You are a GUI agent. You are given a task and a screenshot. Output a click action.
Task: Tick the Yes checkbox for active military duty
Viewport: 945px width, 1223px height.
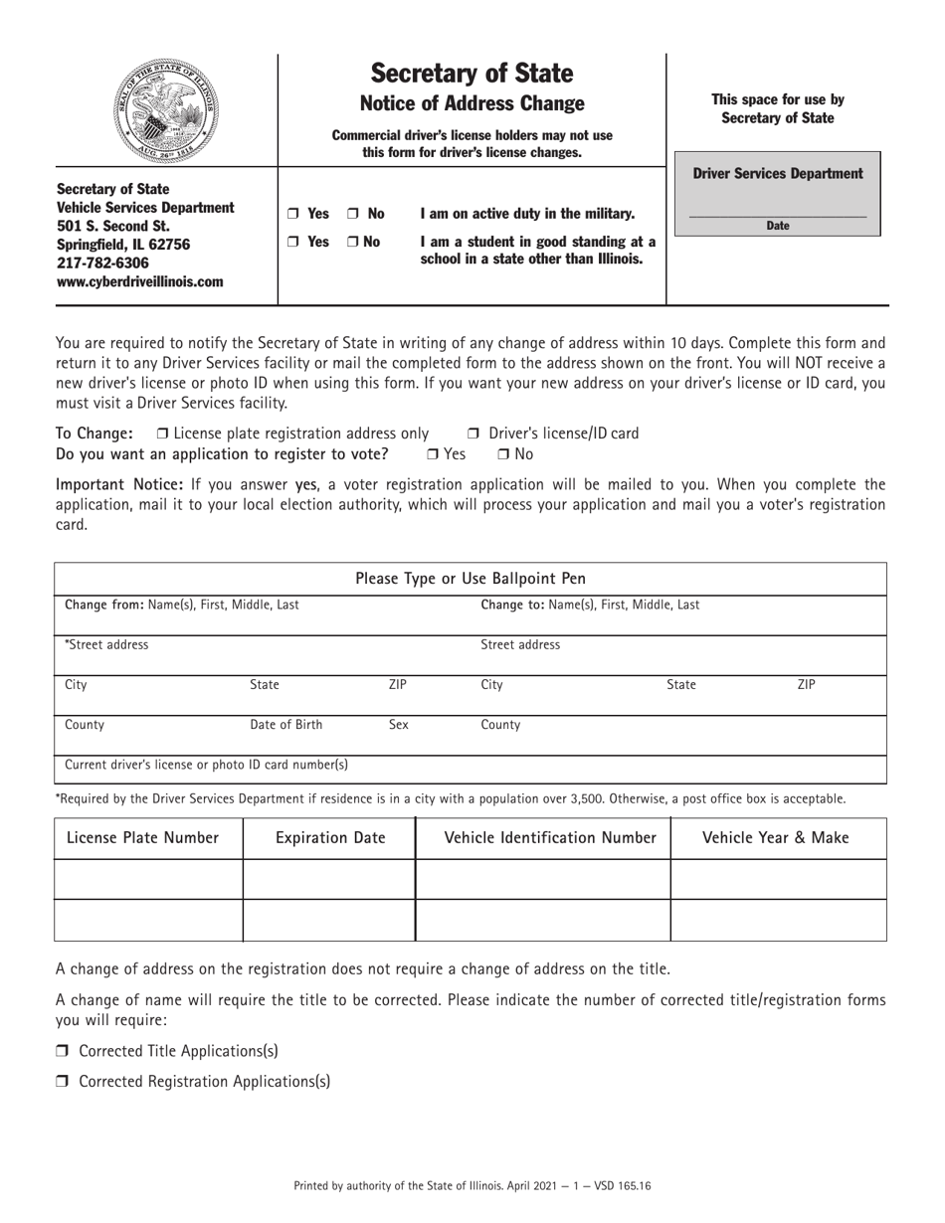292,214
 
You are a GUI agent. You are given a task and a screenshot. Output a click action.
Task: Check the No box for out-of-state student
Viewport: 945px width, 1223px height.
354,242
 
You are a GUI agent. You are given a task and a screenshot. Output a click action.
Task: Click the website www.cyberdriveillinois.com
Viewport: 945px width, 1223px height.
139,281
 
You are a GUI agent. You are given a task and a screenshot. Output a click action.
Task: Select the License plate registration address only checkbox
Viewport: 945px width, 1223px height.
163,434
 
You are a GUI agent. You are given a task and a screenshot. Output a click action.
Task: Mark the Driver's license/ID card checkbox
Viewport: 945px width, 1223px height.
473,434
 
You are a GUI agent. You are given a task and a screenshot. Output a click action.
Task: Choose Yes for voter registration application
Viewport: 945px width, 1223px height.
433,454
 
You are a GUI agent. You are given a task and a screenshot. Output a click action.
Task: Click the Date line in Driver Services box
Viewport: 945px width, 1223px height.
777,215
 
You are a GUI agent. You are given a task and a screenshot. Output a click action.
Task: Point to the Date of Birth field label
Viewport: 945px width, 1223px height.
285,725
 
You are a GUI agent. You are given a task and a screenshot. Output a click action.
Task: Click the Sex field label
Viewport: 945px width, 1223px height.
398,725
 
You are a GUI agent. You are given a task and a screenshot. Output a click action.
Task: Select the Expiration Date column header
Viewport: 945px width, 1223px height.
329,838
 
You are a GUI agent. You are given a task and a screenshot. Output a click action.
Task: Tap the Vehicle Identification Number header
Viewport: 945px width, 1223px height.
550,838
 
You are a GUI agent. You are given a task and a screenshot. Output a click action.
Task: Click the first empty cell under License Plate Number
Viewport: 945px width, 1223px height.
148,879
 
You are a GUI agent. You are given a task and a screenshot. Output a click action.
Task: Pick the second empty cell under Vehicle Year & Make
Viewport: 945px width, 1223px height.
778,920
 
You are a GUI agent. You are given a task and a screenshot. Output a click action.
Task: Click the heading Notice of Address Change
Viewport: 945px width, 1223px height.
472,103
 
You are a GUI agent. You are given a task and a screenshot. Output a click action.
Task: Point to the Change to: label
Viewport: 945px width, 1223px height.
513,605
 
